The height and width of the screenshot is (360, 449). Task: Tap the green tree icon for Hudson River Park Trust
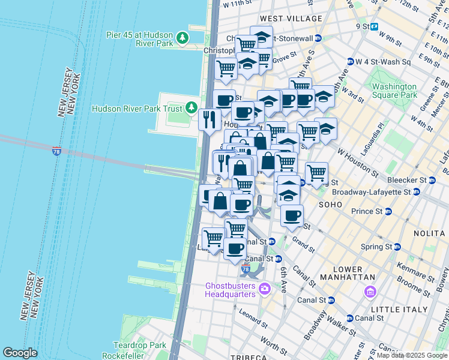(x=191, y=108)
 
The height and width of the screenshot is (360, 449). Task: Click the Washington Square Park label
(x=394, y=91)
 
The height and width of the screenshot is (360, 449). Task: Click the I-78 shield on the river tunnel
(x=56, y=149)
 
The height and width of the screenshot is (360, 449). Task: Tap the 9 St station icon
(x=374, y=26)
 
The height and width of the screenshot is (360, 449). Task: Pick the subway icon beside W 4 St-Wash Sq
(x=350, y=62)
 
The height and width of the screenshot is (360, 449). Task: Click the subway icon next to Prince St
(x=388, y=211)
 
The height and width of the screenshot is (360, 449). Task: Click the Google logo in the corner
(x=20, y=353)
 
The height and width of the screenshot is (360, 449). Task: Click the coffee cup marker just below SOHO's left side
(x=292, y=215)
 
